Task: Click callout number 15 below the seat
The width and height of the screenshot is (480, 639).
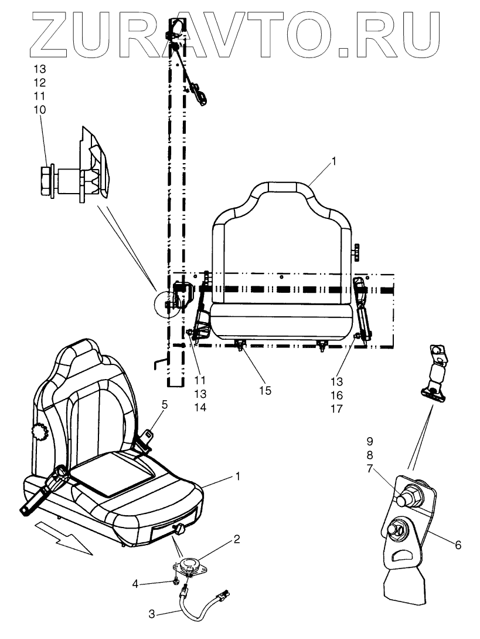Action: click(x=266, y=390)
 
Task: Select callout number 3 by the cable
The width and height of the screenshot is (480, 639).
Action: click(x=151, y=614)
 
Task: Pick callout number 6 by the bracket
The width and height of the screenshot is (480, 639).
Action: click(x=458, y=545)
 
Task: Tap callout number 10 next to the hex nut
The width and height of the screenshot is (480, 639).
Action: click(x=40, y=110)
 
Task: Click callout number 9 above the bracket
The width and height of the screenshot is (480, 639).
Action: click(x=387, y=440)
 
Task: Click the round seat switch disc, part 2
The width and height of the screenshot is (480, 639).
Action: click(x=188, y=564)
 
